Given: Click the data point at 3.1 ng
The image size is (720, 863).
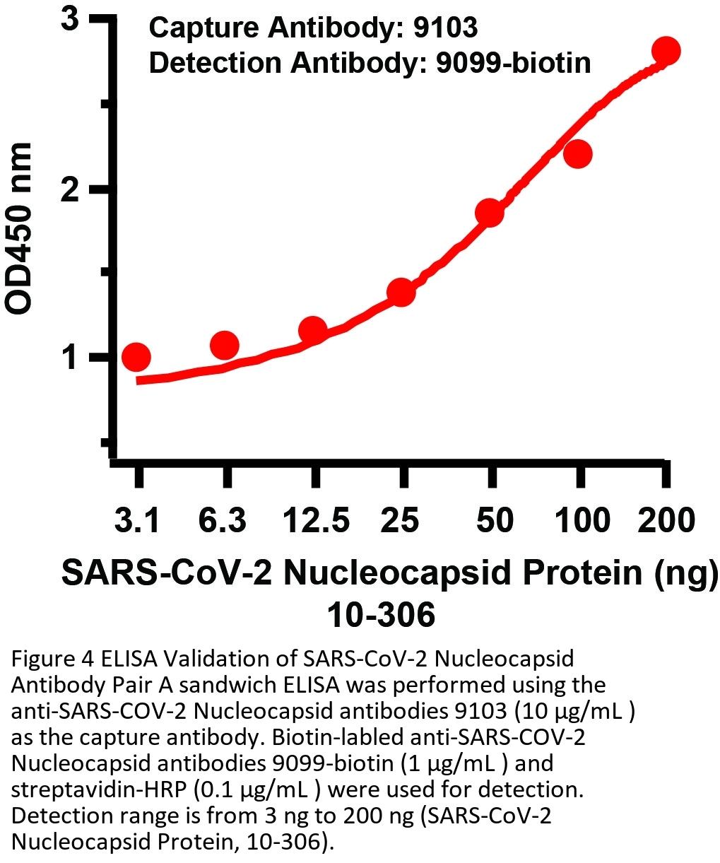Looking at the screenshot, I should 136,357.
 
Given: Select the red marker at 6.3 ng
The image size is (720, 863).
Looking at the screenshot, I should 224,345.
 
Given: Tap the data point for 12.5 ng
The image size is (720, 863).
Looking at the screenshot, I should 312,330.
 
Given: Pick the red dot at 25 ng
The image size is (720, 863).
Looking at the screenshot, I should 401,292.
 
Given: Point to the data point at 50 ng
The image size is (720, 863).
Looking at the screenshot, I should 489,212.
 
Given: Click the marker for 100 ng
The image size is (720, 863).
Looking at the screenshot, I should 578,153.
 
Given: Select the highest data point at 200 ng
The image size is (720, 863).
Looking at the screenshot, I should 666,51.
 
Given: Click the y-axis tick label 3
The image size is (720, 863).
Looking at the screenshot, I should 69,20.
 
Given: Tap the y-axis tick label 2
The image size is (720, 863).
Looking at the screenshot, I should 69,189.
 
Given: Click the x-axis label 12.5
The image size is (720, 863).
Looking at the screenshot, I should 315,521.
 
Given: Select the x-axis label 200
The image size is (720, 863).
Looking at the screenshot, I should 666,521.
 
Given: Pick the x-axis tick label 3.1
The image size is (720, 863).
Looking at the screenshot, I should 137,521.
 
